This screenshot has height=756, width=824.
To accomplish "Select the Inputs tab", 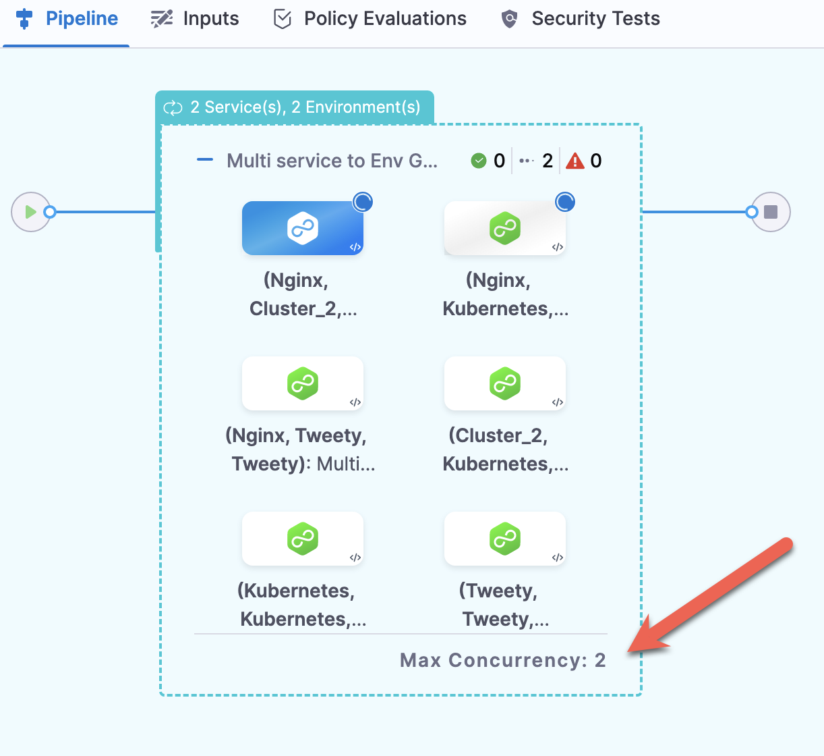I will point(196,19).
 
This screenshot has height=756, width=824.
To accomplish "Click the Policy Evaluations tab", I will point(370,19).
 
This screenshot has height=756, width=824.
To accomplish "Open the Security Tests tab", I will point(581,19).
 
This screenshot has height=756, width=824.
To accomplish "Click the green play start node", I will point(30,212).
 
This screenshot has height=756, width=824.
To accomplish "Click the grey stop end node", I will point(771,212).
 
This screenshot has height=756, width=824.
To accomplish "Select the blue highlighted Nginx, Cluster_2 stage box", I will point(302,228).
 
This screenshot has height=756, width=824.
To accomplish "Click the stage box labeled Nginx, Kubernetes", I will point(504,228).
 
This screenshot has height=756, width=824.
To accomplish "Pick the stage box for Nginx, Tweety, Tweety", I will point(302,383).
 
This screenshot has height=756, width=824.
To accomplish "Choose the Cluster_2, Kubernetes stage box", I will point(504,383).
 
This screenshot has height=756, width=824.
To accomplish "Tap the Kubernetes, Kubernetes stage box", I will point(302,539).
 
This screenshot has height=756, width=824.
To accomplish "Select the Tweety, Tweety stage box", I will point(504,539).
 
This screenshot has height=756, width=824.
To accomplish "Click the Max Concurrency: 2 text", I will point(502,660).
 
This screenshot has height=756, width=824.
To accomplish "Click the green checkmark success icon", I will point(479,161).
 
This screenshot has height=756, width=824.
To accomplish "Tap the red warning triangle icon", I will point(575,161).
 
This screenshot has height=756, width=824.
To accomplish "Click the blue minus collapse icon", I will point(205,160).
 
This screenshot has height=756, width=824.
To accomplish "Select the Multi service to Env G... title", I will point(332,161).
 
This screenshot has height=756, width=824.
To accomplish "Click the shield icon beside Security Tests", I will point(510,19).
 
